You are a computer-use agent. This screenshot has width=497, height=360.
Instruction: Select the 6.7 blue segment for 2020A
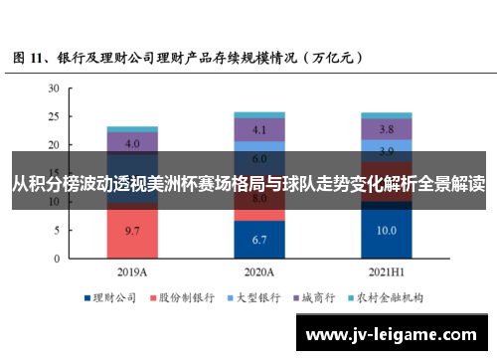[259, 239]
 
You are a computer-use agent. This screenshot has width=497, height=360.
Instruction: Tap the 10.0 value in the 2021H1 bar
[387, 230]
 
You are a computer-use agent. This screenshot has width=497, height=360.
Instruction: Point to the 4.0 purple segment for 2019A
[132, 143]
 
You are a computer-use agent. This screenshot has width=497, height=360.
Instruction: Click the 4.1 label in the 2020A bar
[259, 129]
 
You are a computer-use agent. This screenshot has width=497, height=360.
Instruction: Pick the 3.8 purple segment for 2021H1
[387, 129]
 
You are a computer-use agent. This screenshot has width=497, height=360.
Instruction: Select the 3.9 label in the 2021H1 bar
[387, 151]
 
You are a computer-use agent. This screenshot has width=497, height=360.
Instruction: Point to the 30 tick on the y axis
[54, 89]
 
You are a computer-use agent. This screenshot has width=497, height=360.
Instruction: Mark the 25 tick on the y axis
[54, 116]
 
